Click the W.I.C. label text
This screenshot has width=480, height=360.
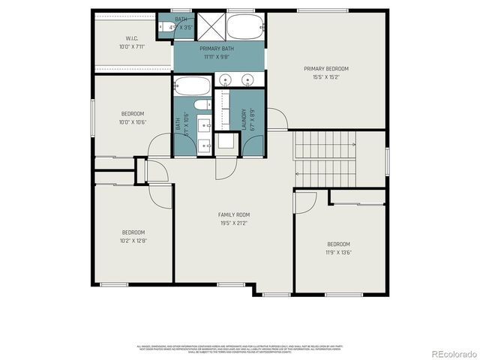132,38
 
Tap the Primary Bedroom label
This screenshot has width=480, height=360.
325,69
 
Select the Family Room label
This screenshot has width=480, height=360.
232,215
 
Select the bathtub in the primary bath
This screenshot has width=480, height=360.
244,28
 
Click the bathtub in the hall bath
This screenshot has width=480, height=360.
193,85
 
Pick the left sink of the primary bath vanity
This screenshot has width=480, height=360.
226,79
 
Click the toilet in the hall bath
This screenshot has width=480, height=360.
201,105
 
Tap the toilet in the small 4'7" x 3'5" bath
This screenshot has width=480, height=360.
164,29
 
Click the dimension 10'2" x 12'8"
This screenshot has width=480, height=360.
133,241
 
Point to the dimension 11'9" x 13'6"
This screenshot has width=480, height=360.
338,253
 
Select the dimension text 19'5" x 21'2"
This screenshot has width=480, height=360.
232,223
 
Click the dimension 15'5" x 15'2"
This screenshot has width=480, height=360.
325,76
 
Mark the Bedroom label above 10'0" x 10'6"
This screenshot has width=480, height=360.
133,114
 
